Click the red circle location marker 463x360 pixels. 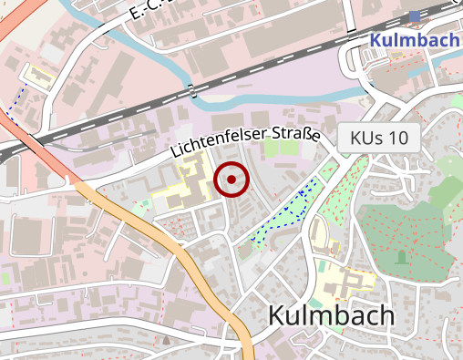(x=231, y=180)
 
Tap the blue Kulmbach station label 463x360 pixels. (x=414, y=40)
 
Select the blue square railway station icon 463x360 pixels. (x=416, y=15)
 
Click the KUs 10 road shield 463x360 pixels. (x=379, y=139)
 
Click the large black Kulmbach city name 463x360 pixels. (x=331, y=316)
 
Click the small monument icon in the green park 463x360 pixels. (x=401, y=258)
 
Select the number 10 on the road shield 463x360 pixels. (x=397, y=139)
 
